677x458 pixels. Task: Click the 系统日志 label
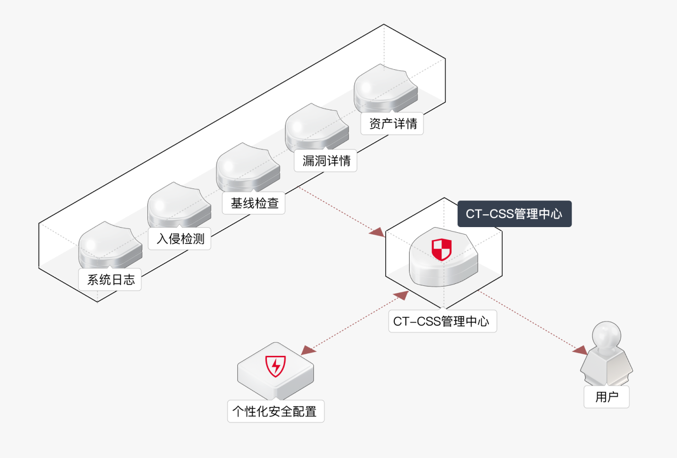pos(110,280)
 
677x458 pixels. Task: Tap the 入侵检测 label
pos(180,239)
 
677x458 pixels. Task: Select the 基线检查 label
pos(254,203)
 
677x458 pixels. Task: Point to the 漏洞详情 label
pos(326,161)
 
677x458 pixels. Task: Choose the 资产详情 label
pos(392,124)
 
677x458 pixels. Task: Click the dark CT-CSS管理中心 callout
pos(514,214)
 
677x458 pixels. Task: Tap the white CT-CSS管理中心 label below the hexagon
pos(442,322)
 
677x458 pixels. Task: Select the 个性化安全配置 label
pos(276,411)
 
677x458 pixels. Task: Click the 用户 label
pos(606,397)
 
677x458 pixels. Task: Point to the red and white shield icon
pos(441,250)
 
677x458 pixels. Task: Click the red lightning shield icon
pos(276,366)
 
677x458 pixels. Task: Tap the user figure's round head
pos(606,334)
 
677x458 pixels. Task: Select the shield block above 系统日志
pos(110,245)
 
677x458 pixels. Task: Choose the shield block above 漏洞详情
pos(317,127)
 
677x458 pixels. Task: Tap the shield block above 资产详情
pos(385,88)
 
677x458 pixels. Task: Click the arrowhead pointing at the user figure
pos(580,351)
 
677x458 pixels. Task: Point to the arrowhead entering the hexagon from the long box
pos(377,232)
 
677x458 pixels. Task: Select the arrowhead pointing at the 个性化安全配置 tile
pos(308,351)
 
